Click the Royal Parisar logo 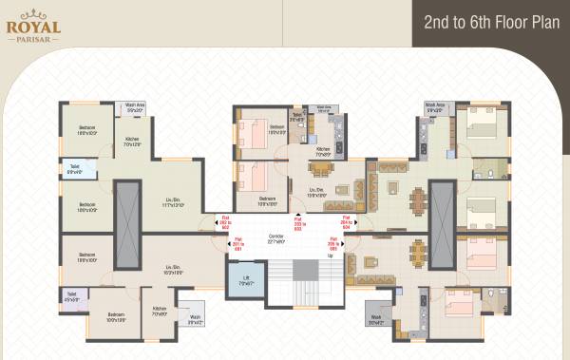tap(33, 24)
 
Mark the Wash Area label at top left tap(135, 108)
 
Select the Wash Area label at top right tap(435, 108)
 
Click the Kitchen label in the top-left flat tap(132, 142)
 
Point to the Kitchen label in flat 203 tap(322, 152)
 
